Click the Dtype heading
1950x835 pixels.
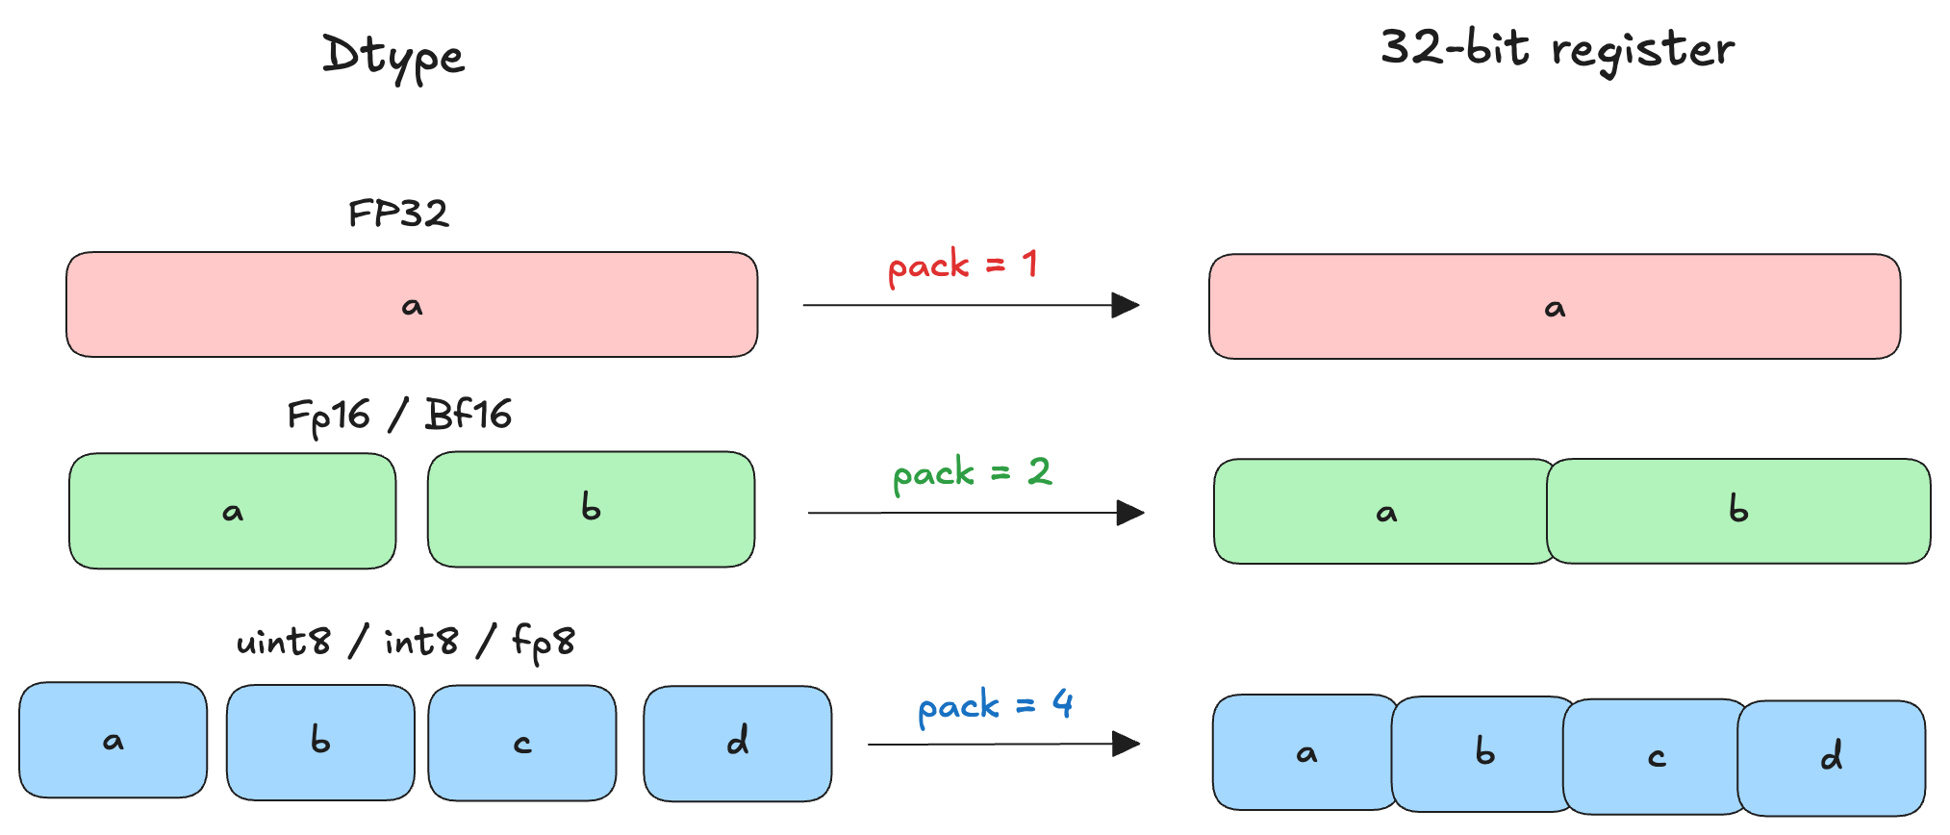(393, 56)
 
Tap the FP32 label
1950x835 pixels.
(398, 213)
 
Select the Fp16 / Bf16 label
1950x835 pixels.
(399, 416)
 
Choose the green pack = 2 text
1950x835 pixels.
(972, 473)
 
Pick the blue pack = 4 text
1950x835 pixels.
(995, 706)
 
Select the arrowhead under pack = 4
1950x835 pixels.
(1125, 744)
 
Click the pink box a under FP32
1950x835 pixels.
(412, 305)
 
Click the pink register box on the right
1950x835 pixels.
(1555, 307)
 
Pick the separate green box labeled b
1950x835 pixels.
(591, 509)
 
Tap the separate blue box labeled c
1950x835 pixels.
(522, 743)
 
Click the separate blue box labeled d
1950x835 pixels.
(738, 743)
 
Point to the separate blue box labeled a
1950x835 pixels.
(114, 741)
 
